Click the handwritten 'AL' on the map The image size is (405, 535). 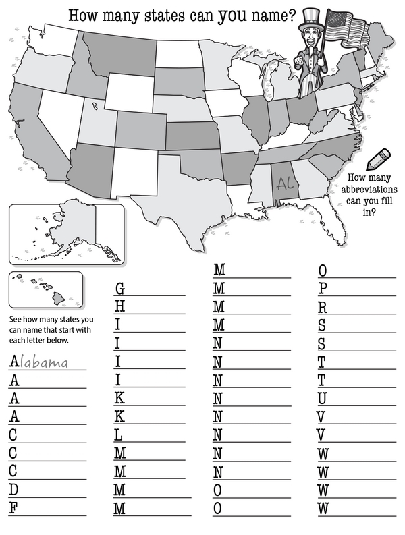(x=284, y=183)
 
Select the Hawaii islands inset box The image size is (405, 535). (x=45, y=289)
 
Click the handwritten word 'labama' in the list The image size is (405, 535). (x=45, y=363)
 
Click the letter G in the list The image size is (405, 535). (x=120, y=289)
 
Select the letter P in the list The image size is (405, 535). (x=323, y=289)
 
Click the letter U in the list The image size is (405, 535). (x=323, y=398)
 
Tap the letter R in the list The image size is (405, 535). (x=323, y=307)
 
